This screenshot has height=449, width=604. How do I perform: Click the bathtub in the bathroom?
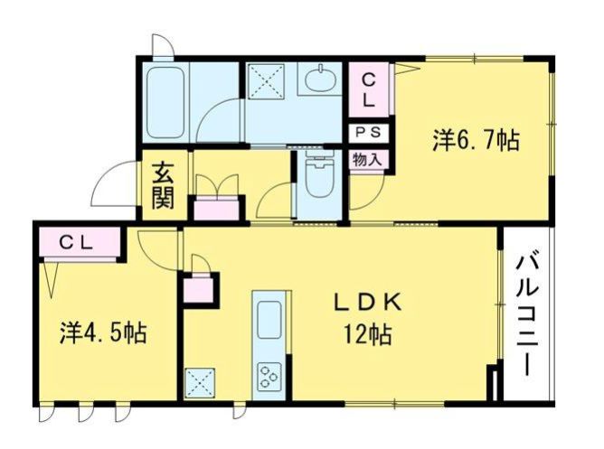(x=165, y=102)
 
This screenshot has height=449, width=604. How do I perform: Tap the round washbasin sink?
(x=320, y=80)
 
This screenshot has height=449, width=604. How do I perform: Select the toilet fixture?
(x=319, y=174)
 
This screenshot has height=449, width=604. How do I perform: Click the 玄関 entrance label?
(x=163, y=186)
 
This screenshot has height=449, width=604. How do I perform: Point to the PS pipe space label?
(x=368, y=133)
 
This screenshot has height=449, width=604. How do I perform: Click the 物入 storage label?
(x=367, y=160)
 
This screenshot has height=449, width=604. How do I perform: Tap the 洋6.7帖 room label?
(x=477, y=140)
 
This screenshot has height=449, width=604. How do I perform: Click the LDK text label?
(x=368, y=303)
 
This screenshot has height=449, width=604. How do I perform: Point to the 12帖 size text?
(x=368, y=334)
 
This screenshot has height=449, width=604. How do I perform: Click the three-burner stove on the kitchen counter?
(x=269, y=375)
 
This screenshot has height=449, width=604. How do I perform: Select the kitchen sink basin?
(x=269, y=320)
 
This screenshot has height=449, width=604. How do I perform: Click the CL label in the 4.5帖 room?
(x=76, y=243)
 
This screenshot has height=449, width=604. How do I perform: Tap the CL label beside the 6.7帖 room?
(x=368, y=91)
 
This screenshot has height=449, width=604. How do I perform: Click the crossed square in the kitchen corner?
(x=200, y=383)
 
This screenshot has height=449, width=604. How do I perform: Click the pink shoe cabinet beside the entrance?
(x=216, y=209)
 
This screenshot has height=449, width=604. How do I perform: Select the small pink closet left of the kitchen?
(x=198, y=290)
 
